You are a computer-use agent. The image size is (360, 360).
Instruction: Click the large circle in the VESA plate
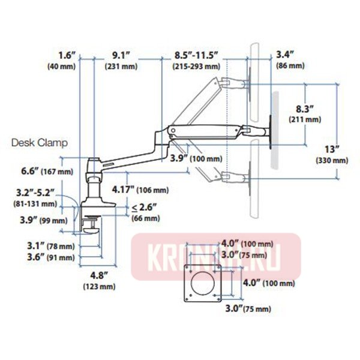coord(202,284)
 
